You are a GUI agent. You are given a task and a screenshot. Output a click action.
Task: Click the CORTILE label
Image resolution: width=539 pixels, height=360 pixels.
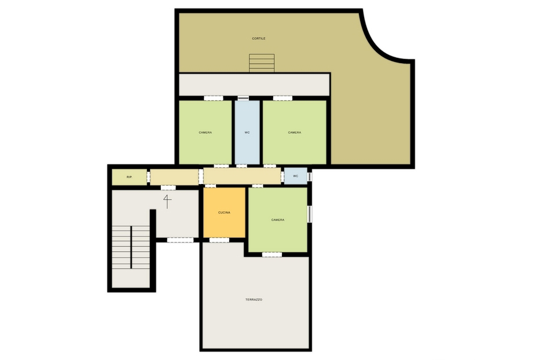pyautogui.click(x=258, y=38)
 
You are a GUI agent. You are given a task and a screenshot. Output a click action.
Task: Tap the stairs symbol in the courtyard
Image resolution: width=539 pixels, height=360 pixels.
pyautogui.click(x=261, y=63)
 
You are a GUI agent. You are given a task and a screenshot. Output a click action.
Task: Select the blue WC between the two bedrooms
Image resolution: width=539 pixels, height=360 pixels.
pyautogui.click(x=247, y=133)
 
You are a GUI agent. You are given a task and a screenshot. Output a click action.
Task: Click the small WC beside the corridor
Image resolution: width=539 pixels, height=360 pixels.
pyautogui.click(x=295, y=176)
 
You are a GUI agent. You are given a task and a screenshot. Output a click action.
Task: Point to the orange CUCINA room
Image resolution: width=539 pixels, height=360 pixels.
pyautogui.click(x=224, y=212)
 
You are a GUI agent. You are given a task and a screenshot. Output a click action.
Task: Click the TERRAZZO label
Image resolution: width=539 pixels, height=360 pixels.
pyautogui.click(x=254, y=299)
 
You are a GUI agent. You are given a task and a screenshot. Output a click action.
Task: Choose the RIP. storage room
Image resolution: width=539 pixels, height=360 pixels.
pyautogui.click(x=129, y=177)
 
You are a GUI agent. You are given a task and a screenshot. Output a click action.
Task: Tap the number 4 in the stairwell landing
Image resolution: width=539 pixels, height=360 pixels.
pyautogui.click(x=167, y=201)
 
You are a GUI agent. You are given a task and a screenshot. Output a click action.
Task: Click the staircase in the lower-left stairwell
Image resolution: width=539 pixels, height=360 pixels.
pyautogui.click(x=131, y=248)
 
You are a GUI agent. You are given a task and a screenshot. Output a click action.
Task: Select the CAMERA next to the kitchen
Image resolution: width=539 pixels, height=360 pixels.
pyautogui.click(x=277, y=220)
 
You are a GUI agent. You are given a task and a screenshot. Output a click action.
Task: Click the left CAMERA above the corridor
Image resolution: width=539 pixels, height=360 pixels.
pyautogui.click(x=205, y=133)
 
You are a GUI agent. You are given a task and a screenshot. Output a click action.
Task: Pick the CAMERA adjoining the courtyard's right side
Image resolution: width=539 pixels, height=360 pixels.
pyautogui.click(x=295, y=133)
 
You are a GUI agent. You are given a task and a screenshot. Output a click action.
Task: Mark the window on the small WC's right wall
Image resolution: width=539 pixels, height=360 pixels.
pyautogui.click(x=310, y=176)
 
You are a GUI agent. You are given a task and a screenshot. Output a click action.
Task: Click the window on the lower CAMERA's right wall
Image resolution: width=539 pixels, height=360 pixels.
pyautogui.click(x=309, y=214)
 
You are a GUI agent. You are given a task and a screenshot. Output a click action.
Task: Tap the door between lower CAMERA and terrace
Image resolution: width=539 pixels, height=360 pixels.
pyautogui.click(x=272, y=254)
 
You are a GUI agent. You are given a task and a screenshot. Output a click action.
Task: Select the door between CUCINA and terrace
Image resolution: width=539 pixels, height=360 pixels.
pyautogui.click(x=219, y=240)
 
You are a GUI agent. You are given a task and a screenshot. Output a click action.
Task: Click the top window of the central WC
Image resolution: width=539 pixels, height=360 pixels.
pyautogui.click(x=244, y=98)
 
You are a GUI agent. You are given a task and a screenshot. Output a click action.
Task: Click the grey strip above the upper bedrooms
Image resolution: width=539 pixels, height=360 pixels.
pyautogui.click(x=254, y=85)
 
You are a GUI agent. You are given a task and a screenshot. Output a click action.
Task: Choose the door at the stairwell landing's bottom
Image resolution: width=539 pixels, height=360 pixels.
pyautogui.click(x=180, y=240)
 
